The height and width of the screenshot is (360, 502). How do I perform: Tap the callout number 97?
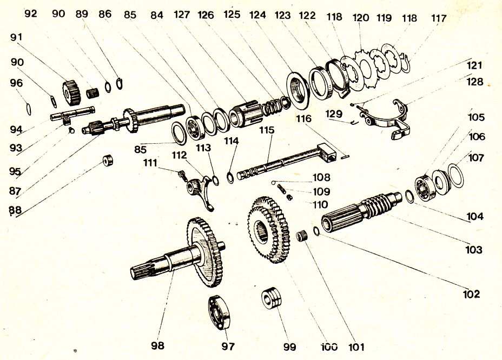(x=228, y=346)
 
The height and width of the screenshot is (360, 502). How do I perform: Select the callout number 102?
(x=471, y=294)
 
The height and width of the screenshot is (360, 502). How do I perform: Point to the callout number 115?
(x=267, y=131)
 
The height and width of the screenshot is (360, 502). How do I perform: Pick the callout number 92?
(x=31, y=14)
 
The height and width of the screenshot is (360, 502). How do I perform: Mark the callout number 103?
(x=473, y=250)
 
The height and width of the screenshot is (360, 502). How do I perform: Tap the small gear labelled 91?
(x=71, y=92)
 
